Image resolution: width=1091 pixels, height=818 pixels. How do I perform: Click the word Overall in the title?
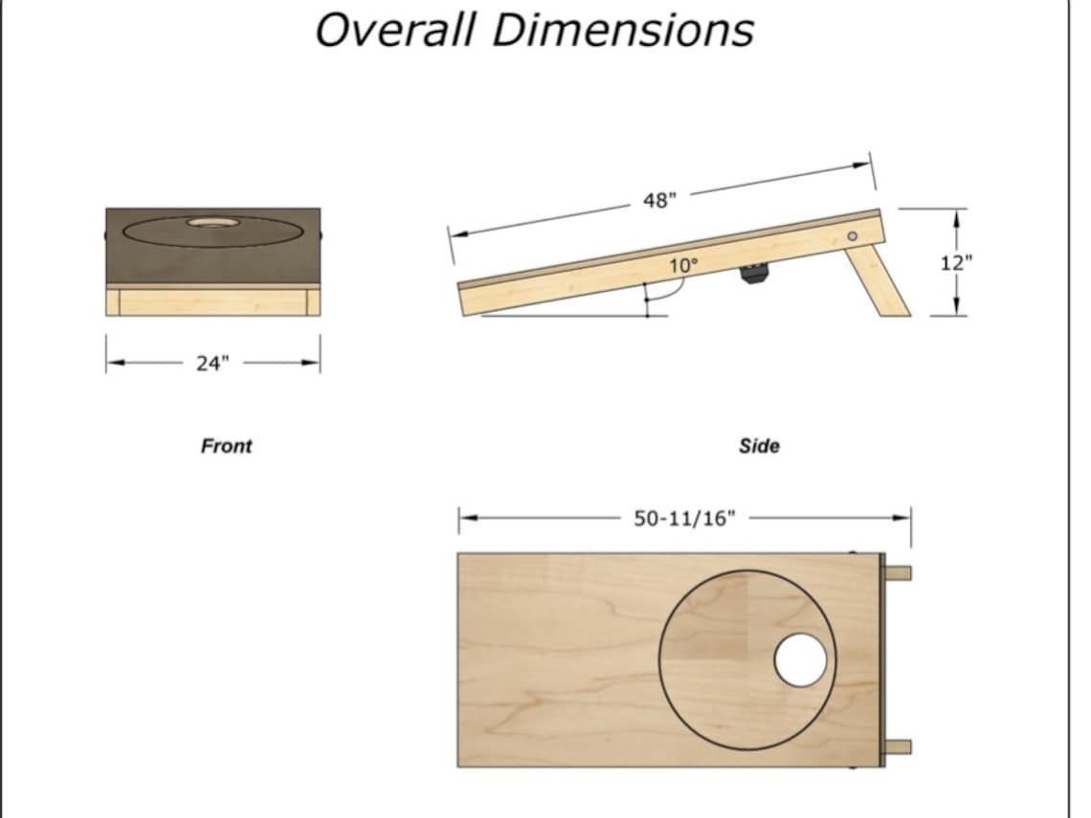pos(395,30)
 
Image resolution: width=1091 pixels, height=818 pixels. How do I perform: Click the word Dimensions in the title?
pos(622,30)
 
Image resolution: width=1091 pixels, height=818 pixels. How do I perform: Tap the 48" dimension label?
pos(659,201)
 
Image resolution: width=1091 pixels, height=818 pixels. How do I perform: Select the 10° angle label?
pos(683,266)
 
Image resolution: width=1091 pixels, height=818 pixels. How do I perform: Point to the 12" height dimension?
pos(955,263)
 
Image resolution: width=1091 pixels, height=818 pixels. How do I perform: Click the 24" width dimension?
pos(212,363)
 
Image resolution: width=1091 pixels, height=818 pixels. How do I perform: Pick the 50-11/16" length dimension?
pos(684,519)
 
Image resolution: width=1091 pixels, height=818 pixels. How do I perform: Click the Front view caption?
pos(226,446)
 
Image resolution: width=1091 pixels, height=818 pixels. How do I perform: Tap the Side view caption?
pos(759,446)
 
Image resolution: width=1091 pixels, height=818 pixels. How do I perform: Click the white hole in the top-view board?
pos(800,660)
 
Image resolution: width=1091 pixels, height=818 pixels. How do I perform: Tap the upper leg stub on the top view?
pos(898,573)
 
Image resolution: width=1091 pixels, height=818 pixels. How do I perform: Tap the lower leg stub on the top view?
pos(898,747)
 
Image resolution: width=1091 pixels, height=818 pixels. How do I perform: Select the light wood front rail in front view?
pos(212,301)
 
